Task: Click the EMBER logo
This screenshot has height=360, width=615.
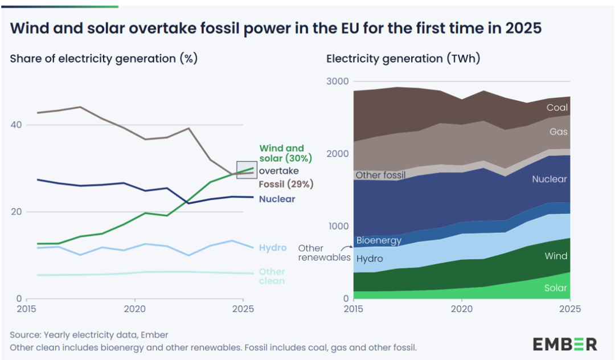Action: pyautogui.click(x=565, y=344)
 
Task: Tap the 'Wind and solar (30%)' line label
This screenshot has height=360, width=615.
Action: pyautogui.click(x=282, y=153)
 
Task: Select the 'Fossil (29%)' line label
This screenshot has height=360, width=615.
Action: pyautogui.click(x=286, y=185)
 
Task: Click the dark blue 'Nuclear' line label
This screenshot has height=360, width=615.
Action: pyautogui.click(x=277, y=199)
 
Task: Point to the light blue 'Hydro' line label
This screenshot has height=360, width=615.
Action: pyautogui.click(x=273, y=248)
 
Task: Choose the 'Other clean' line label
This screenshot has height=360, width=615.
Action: pyautogui.click(x=272, y=276)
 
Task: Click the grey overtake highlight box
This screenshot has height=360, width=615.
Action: pyautogui.click(x=247, y=170)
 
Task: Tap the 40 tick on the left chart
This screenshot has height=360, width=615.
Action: pyautogui.click(x=17, y=125)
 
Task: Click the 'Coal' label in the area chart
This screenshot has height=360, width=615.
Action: pyautogui.click(x=557, y=108)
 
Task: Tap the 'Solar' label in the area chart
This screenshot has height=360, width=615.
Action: pyautogui.click(x=556, y=288)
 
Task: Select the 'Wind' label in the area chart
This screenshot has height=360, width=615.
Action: pyautogui.click(x=556, y=256)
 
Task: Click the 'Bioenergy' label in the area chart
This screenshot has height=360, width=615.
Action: pyautogui.click(x=379, y=240)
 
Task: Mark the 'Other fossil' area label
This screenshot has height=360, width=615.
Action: pyautogui.click(x=381, y=175)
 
